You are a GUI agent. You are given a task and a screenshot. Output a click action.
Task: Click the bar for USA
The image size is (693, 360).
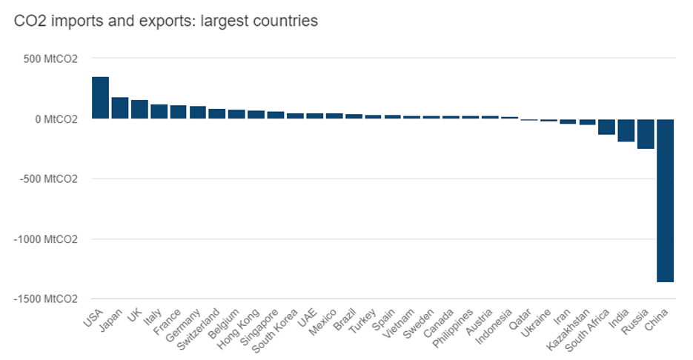[x=101, y=97]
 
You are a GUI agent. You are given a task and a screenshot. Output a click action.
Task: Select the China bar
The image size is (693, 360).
[x=665, y=200]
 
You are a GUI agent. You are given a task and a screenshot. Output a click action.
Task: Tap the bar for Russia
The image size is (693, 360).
[x=646, y=133]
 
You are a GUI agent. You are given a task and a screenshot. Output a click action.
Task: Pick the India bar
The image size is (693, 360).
[x=626, y=130]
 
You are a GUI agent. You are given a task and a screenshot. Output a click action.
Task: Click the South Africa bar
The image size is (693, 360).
[x=607, y=127]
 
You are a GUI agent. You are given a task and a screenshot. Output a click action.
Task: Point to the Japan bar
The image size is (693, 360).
[x=120, y=107]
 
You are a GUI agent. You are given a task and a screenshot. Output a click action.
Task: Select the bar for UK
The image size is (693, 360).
[x=139, y=109]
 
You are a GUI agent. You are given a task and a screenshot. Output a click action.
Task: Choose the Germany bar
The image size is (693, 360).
[x=198, y=112]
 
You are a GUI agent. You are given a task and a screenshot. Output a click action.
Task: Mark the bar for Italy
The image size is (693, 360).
[x=159, y=111]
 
